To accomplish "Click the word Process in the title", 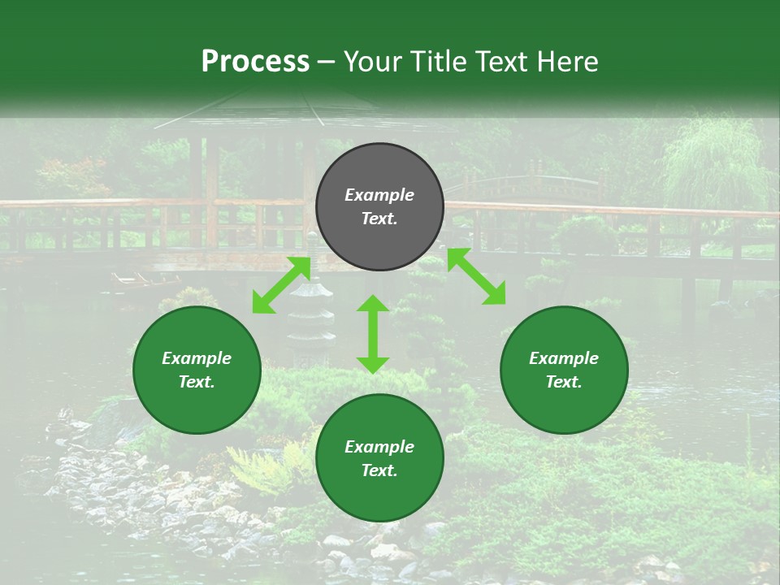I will click(x=255, y=62).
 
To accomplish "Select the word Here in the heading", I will click(x=566, y=62).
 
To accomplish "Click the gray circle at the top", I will click(x=379, y=207).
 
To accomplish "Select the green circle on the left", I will click(x=197, y=370).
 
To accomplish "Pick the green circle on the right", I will click(x=564, y=370).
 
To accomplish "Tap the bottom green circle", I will click(x=379, y=458).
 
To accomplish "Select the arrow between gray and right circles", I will click(x=476, y=276).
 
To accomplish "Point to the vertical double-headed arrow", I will click(x=373, y=334).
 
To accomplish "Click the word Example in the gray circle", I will click(x=379, y=195).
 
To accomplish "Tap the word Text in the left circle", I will click(x=197, y=382).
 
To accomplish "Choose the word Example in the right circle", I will click(x=564, y=358).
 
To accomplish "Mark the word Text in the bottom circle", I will click(x=379, y=470).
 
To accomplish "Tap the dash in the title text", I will click(x=326, y=63).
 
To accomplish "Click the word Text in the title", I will click(x=503, y=62).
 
